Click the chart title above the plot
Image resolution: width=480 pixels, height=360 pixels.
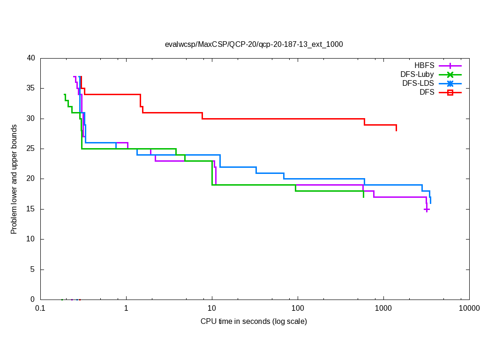[254, 45]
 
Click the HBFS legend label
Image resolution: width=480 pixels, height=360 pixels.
[424, 66]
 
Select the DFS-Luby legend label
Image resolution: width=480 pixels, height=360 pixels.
[417, 75]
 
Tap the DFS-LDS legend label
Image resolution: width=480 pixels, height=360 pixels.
[418, 83]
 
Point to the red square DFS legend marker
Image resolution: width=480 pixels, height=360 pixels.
[450, 92]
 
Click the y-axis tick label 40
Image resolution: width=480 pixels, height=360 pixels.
[31, 58]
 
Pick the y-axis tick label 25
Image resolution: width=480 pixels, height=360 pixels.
[31, 149]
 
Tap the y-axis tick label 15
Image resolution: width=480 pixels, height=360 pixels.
[31, 209]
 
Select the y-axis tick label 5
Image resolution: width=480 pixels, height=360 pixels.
[33, 270]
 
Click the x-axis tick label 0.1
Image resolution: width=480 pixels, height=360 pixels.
[40, 308]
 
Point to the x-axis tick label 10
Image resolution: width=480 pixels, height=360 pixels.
[212, 308]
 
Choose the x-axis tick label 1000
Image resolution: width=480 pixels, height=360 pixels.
[383, 308]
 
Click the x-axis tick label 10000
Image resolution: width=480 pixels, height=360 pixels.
[469, 308]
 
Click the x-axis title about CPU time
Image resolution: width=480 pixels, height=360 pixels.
[254, 322]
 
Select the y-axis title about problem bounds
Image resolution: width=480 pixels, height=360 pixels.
[14, 179]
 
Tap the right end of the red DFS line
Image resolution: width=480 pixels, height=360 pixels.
[396, 130]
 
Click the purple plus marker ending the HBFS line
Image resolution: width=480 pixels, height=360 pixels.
[427, 210]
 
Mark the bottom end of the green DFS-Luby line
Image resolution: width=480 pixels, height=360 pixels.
[363, 197]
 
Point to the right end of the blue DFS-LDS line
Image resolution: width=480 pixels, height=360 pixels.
[430, 203]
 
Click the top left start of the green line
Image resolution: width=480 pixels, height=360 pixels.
[64, 94]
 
